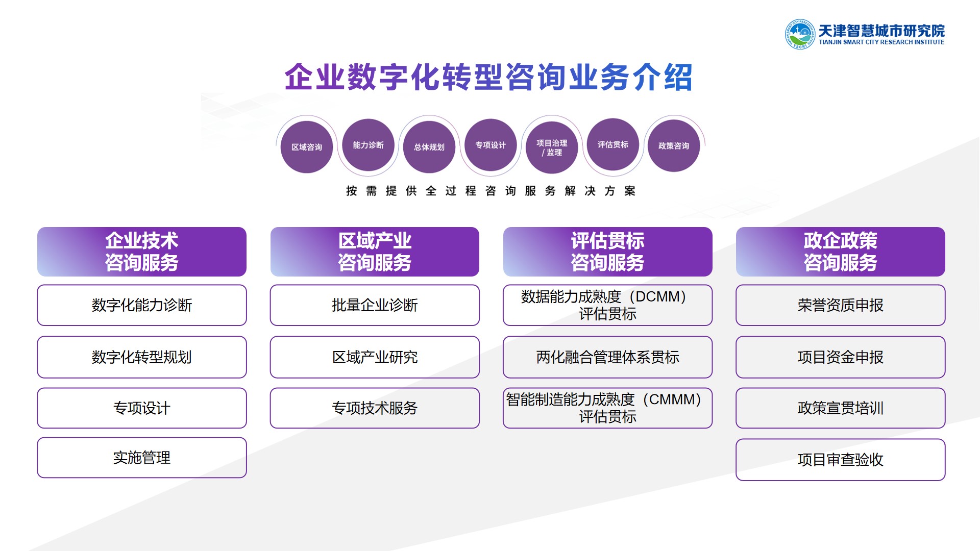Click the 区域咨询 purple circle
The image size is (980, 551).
[307, 147]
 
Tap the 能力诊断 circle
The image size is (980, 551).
[368, 145]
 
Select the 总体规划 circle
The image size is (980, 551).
[429, 147]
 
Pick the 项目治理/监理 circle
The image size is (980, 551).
[552, 147]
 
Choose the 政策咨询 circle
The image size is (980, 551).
[674, 146]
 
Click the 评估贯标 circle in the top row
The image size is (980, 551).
[613, 144]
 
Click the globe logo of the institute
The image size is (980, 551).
[800, 34]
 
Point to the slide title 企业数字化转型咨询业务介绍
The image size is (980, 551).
[488, 78]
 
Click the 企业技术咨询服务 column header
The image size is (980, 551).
[142, 252]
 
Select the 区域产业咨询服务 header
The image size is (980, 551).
[375, 252]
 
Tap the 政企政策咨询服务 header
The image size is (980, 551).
[841, 252]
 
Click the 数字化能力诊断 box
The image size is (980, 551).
[142, 305]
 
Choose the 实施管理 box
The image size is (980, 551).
[142, 458]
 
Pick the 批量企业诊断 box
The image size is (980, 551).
[375, 305]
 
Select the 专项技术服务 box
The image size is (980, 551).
[375, 408]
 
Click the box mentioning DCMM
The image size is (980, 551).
[607, 305]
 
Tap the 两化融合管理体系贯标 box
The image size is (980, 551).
[607, 357]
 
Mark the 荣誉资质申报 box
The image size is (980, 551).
[841, 305]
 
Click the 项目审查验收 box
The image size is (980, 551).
[841, 460]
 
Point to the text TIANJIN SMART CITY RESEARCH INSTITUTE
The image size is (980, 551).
[881, 42]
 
